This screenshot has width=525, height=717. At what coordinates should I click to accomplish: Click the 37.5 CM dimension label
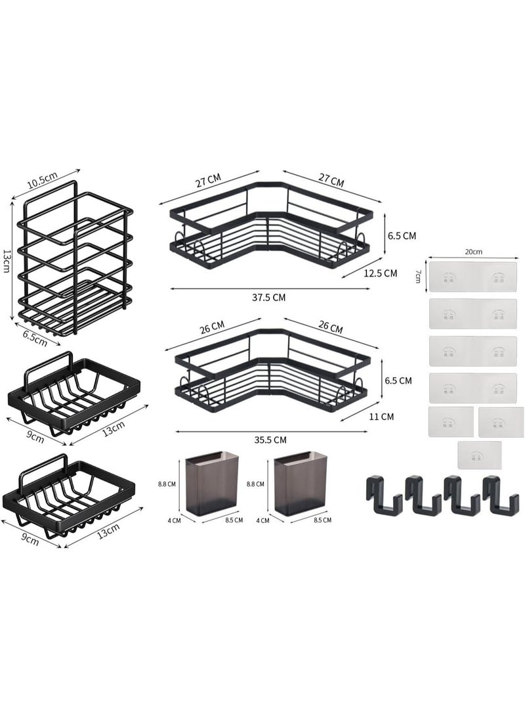(270, 297)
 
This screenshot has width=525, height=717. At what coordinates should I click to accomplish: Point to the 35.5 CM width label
(270, 440)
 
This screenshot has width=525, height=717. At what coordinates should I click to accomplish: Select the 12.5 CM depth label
(381, 273)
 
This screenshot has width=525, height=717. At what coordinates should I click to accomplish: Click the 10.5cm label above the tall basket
(43, 178)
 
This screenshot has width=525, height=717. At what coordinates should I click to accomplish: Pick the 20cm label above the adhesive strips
(472, 252)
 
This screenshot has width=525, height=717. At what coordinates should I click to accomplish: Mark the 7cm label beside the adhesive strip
(418, 275)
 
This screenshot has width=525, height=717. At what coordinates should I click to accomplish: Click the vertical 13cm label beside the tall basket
(7, 262)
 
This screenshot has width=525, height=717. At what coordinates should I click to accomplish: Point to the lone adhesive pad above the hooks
(480, 455)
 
